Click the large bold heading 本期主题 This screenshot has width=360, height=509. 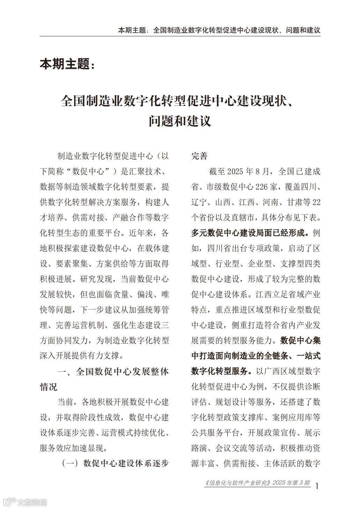click(x=67, y=64)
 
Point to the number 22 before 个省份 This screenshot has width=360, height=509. click(x=316, y=202)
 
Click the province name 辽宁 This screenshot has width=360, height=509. click(x=199, y=202)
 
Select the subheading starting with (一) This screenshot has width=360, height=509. click(x=115, y=464)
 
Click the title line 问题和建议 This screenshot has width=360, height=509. click(x=180, y=121)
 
